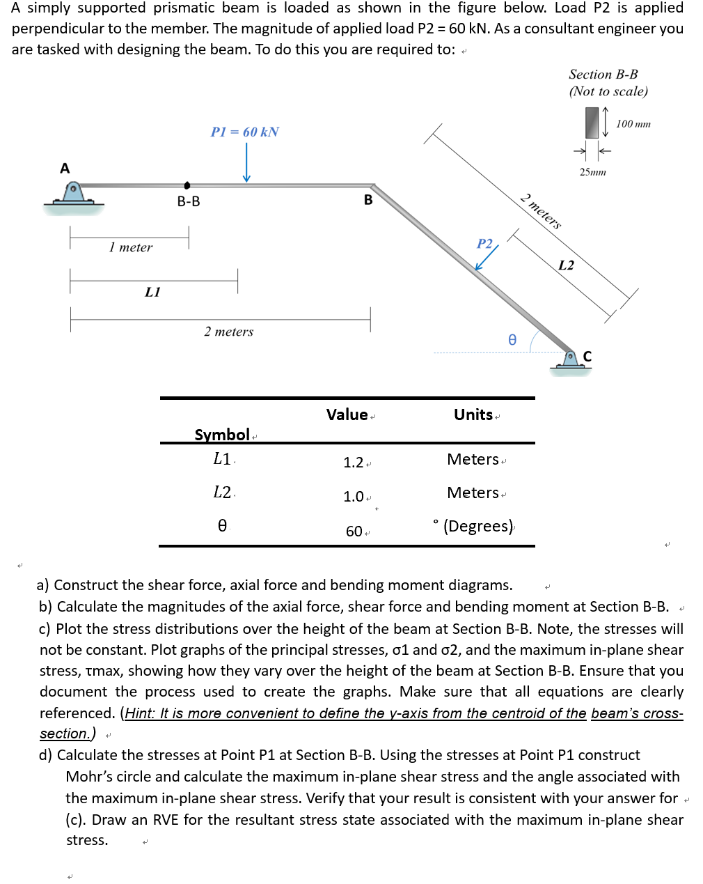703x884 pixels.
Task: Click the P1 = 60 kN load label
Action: (x=244, y=132)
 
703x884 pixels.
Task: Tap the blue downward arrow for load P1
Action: (x=246, y=167)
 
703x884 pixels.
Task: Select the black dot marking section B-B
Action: (x=187, y=185)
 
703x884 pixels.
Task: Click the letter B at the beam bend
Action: (x=368, y=200)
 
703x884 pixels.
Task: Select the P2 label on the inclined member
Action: (x=484, y=243)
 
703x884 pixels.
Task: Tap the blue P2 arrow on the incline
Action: (x=487, y=258)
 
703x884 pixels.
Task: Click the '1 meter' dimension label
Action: (x=130, y=247)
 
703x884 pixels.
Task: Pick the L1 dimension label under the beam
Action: (x=152, y=292)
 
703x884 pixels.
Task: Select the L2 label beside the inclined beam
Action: (x=567, y=265)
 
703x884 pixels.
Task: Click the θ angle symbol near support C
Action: (x=512, y=340)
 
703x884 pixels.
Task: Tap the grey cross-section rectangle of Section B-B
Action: (x=592, y=122)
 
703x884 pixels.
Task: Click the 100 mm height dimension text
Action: (x=633, y=124)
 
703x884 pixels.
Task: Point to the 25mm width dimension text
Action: (x=592, y=172)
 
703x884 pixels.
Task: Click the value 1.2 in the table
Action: (x=354, y=463)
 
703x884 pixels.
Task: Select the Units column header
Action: (x=473, y=414)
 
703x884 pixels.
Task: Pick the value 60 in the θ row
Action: (x=354, y=532)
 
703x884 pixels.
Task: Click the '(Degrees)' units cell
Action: (x=478, y=526)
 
